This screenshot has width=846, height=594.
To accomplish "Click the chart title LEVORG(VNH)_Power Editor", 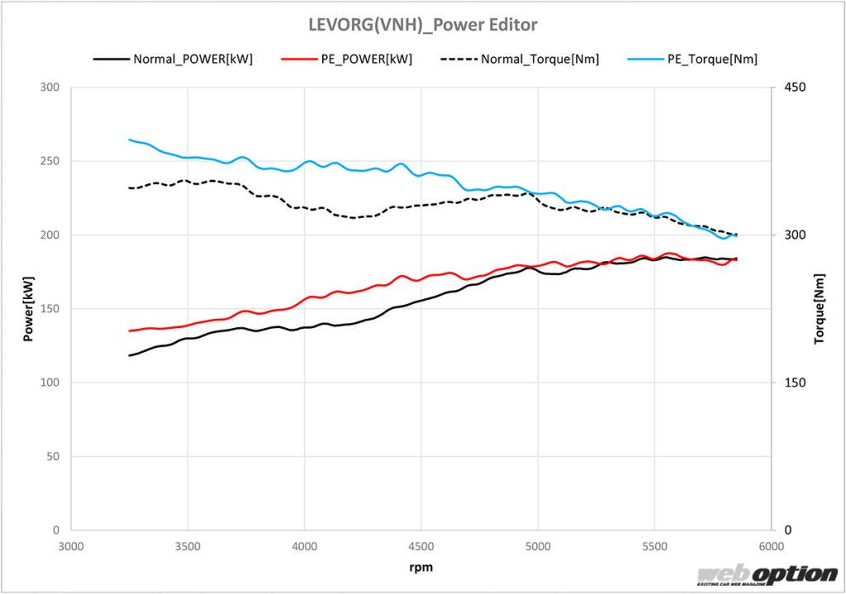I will pos(422,25).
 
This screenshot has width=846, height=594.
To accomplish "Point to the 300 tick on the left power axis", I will pos(50,88).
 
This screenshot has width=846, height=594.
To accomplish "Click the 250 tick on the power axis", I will pos(50,161).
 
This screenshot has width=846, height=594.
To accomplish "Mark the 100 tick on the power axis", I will pos(50,383).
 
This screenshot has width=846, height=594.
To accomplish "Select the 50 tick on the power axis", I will pos(53,456).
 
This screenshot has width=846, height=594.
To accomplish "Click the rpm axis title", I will pos(421,568).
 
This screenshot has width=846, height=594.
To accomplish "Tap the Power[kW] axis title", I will pos(28,308).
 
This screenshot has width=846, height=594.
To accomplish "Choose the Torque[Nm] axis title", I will pos(820,308).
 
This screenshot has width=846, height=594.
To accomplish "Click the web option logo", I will pos(767,575).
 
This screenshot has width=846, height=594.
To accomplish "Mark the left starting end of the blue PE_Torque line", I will pos(130,140).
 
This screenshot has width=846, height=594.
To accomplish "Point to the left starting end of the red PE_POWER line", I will pos(130,330).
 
